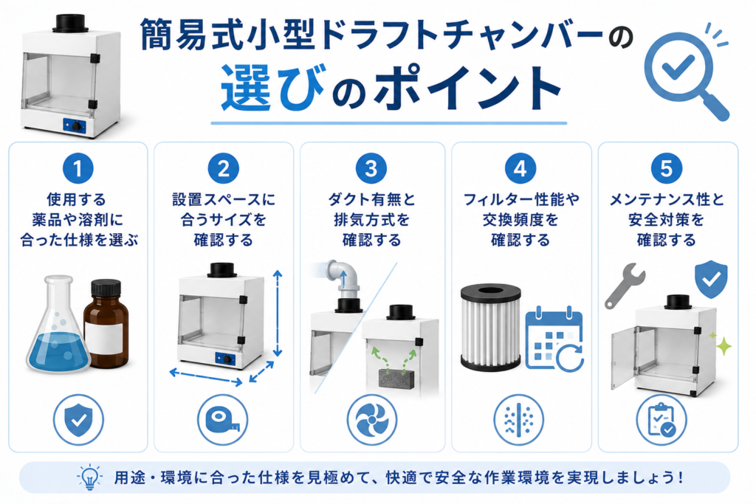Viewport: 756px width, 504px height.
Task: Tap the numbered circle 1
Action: (78, 169)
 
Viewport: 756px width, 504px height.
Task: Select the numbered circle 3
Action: (371, 169)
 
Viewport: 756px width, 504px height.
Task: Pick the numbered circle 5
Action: (667, 169)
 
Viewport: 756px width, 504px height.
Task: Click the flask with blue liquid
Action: (57, 325)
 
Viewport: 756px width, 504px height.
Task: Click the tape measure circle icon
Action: (223, 420)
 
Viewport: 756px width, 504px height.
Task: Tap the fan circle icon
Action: (372, 420)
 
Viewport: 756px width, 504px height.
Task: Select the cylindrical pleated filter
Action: (491, 327)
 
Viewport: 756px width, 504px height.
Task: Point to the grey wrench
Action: (625, 286)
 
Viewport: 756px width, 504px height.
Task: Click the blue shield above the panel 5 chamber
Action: (711, 279)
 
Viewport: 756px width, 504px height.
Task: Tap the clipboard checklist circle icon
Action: (661, 420)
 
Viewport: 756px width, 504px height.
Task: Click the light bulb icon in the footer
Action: (89, 477)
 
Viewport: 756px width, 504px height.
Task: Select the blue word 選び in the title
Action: (272, 88)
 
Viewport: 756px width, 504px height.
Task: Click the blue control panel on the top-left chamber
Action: (75, 125)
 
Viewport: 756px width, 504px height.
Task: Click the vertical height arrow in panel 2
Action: (278, 313)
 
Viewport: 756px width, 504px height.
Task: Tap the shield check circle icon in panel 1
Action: (78, 420)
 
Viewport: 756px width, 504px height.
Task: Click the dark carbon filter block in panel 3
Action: (396, 379)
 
